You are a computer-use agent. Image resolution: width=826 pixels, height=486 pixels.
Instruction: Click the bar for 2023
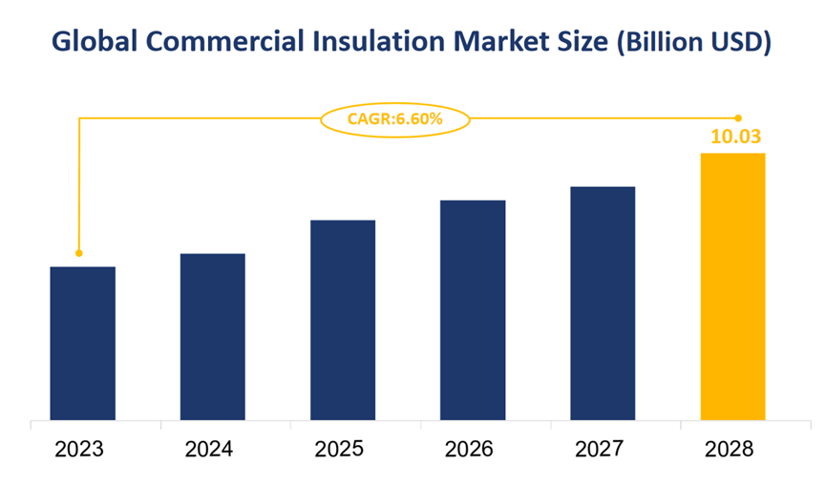point(82,343)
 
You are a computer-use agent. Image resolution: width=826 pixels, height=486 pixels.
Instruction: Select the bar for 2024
point(212,336)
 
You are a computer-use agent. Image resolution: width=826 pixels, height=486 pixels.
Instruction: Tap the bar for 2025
point(343,320)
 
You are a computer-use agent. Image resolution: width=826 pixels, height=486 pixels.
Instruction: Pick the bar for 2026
point(473,309)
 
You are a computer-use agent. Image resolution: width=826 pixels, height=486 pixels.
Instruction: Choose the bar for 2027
point(603,303)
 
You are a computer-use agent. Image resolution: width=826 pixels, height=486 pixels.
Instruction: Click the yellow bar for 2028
point(732,286)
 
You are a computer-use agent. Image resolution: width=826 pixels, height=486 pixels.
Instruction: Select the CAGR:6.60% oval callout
point(393,118)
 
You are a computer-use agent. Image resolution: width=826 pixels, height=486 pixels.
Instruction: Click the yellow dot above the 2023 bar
point(79,253)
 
